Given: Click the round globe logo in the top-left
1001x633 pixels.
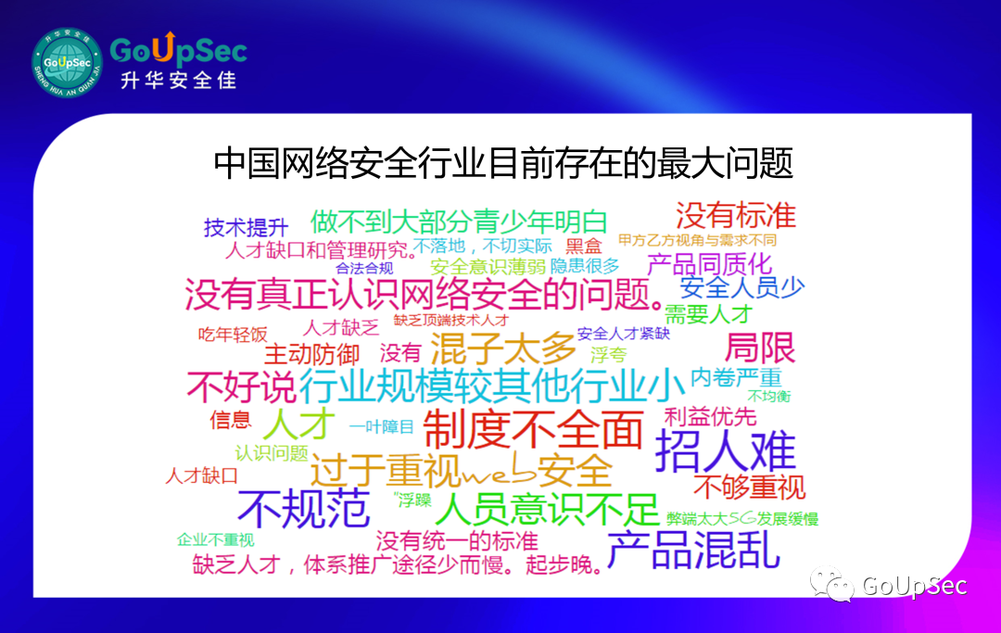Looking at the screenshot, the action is pyautogui.click(x=67, y=62).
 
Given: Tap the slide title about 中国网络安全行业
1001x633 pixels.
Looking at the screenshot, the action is pyautogui.click(x=503, y=163).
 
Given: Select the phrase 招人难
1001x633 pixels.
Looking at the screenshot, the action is pyautogui.click(x=725, y=450).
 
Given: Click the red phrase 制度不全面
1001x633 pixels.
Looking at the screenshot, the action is pyautogui.click(x=532, y=430).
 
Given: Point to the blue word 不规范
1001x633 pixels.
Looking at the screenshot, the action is pyautogui.click(x=303, y=509).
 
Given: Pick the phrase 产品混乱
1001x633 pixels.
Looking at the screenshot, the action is pyautogui.click(x=693, y=550).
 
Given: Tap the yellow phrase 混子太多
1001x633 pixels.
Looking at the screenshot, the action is pyautogui.click(x=503, y=348).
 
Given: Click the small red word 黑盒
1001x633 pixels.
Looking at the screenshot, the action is pyautogui.click(x=584, y=246).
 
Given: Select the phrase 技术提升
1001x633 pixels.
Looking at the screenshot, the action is pyautogui.click(x=246, y=227).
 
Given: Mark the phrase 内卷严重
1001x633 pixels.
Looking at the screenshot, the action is pyautogui.click(x=736, y=377).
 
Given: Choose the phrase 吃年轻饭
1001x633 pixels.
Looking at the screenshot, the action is pyautogui.click(x=233, y=335).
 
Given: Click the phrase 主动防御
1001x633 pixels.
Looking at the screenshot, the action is pyautogui.click(x=312, y=355).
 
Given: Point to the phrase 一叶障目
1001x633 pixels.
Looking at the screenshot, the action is pyautogui.click(x=382, y=427).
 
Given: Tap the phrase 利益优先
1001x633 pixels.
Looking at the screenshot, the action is pyautogui.click(x=710, y=417).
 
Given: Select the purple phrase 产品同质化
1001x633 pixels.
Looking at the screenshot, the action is pyautogui.click(x=709, y=264).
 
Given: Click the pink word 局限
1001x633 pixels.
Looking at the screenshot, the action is pyautogui.click(x=760, y=348).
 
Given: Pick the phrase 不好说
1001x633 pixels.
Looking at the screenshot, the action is pyautogui.click(x=241, y=386).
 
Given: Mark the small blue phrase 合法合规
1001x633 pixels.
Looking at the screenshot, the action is pyautogui.click(x=364, y=268).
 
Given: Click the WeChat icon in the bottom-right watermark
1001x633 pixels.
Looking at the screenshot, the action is pyautogui.click(x=831, y=584).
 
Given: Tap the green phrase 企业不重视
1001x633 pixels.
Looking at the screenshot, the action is pyautogui.click(x=216, y=539).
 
